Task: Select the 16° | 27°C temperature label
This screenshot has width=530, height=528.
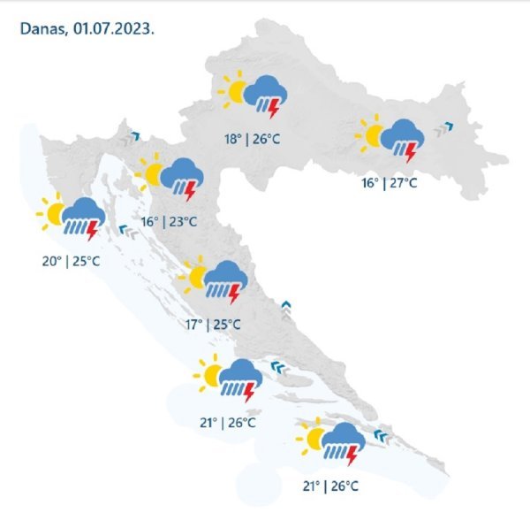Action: (x=389, y=183)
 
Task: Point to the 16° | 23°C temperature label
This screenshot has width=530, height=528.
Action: (x=168, y=221)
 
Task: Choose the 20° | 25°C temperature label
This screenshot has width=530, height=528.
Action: (x=71, y=262)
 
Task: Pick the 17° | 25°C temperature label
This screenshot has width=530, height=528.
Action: (x=213, y=325)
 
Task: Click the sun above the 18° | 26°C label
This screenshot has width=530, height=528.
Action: (x=235, y=91)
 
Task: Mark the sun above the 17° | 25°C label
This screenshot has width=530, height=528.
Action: (x=194, y=278)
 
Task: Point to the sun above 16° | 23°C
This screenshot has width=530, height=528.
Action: (x=150, y=173)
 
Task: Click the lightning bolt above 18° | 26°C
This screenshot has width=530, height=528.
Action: (x=273, y=110)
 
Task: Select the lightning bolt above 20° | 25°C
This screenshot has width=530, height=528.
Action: (x=93, y=231)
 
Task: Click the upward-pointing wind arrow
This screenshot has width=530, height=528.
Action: (x=285, y=307)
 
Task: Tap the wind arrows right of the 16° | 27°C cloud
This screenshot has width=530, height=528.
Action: (x=444, y=130)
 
